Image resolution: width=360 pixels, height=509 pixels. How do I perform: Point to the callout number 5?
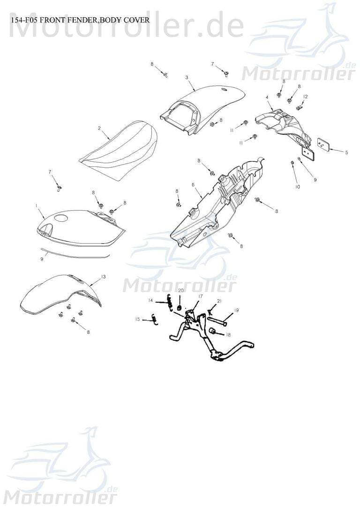347,152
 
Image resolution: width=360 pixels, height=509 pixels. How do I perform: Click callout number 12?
305,97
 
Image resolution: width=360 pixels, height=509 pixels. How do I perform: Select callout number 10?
298,187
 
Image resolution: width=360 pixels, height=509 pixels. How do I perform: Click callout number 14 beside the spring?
150,300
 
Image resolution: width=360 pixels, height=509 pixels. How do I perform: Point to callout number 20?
181,290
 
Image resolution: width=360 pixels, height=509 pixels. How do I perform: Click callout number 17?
201,296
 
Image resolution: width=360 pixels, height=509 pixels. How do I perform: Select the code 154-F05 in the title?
22,20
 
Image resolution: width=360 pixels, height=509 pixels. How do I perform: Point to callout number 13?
103,277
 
